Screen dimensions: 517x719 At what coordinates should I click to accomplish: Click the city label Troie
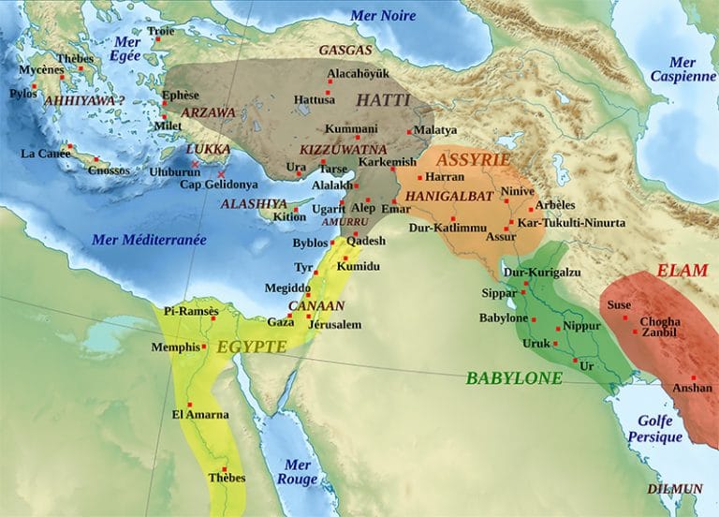click(160, 31)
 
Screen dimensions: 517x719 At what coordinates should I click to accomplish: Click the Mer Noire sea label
click(383, 16)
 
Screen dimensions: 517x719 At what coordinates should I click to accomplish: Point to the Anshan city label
click(692, 388)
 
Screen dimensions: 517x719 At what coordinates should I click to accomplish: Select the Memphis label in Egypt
click(175, 347)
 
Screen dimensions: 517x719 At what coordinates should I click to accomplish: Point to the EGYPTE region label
click(251, 347)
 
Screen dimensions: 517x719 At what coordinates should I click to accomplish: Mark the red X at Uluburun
click(195, 165)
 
